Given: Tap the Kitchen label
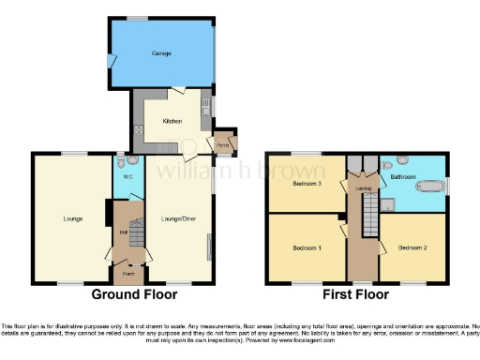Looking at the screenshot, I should click(x=172, y=121).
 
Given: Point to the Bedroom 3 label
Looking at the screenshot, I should click(x=307, y=184).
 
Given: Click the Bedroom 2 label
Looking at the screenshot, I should click(x=412, y=247).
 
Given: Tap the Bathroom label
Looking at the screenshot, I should click(x=404, y=175).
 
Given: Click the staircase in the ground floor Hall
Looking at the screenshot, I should click(x=137, y=231).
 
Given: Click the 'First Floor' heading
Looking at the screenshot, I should click(x=358, y=293).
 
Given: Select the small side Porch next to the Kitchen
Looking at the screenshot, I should click(x=224, y=144).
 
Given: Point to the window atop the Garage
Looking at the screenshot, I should click(x=138, y=19).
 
